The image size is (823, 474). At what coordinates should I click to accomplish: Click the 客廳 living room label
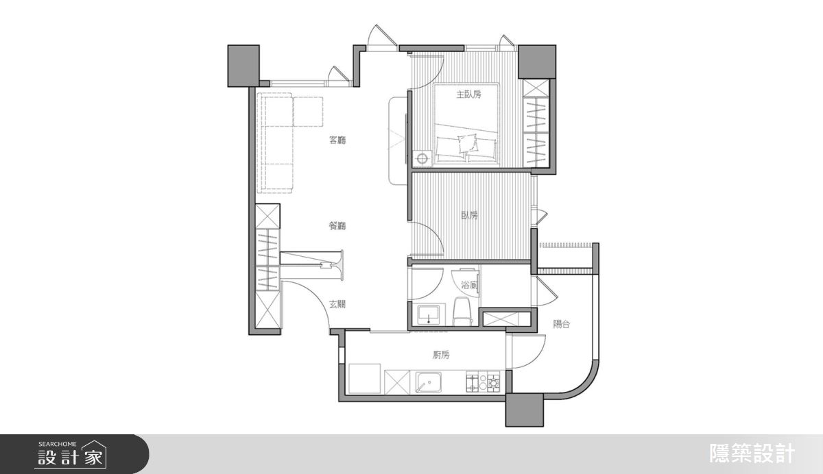tap(337, 140)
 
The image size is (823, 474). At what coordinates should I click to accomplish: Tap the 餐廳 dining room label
tap(337, 226)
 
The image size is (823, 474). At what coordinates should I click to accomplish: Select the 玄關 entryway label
tap(337, 304)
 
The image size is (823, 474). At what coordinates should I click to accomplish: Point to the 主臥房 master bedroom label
tap(469, 95)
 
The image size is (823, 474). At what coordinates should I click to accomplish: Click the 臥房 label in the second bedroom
tap(470, 215)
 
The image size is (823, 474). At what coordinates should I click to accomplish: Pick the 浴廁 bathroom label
tap(469, 285)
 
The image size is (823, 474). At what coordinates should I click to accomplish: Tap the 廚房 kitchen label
tap(441, 355)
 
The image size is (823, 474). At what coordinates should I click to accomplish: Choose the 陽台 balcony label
tap(562, 324)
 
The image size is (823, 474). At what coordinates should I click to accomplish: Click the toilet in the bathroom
tap(462, 312)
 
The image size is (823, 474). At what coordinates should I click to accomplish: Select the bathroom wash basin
tap(429, 315)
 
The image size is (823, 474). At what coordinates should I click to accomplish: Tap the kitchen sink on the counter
tap(429, 382)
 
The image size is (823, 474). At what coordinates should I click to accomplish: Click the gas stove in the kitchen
tap(483, 382)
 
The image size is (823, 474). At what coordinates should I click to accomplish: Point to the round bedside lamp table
tap(422, 159)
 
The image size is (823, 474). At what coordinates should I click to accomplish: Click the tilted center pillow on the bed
tap(467, 143)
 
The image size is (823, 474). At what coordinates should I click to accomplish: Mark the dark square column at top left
tap(243, 66)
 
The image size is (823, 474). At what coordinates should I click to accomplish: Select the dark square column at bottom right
tap(524, 410)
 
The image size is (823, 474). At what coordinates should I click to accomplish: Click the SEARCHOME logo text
tap(58, 445)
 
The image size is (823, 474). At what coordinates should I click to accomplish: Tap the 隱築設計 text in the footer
tap(752, 453)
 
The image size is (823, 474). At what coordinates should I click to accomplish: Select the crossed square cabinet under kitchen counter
tap(397, 382)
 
